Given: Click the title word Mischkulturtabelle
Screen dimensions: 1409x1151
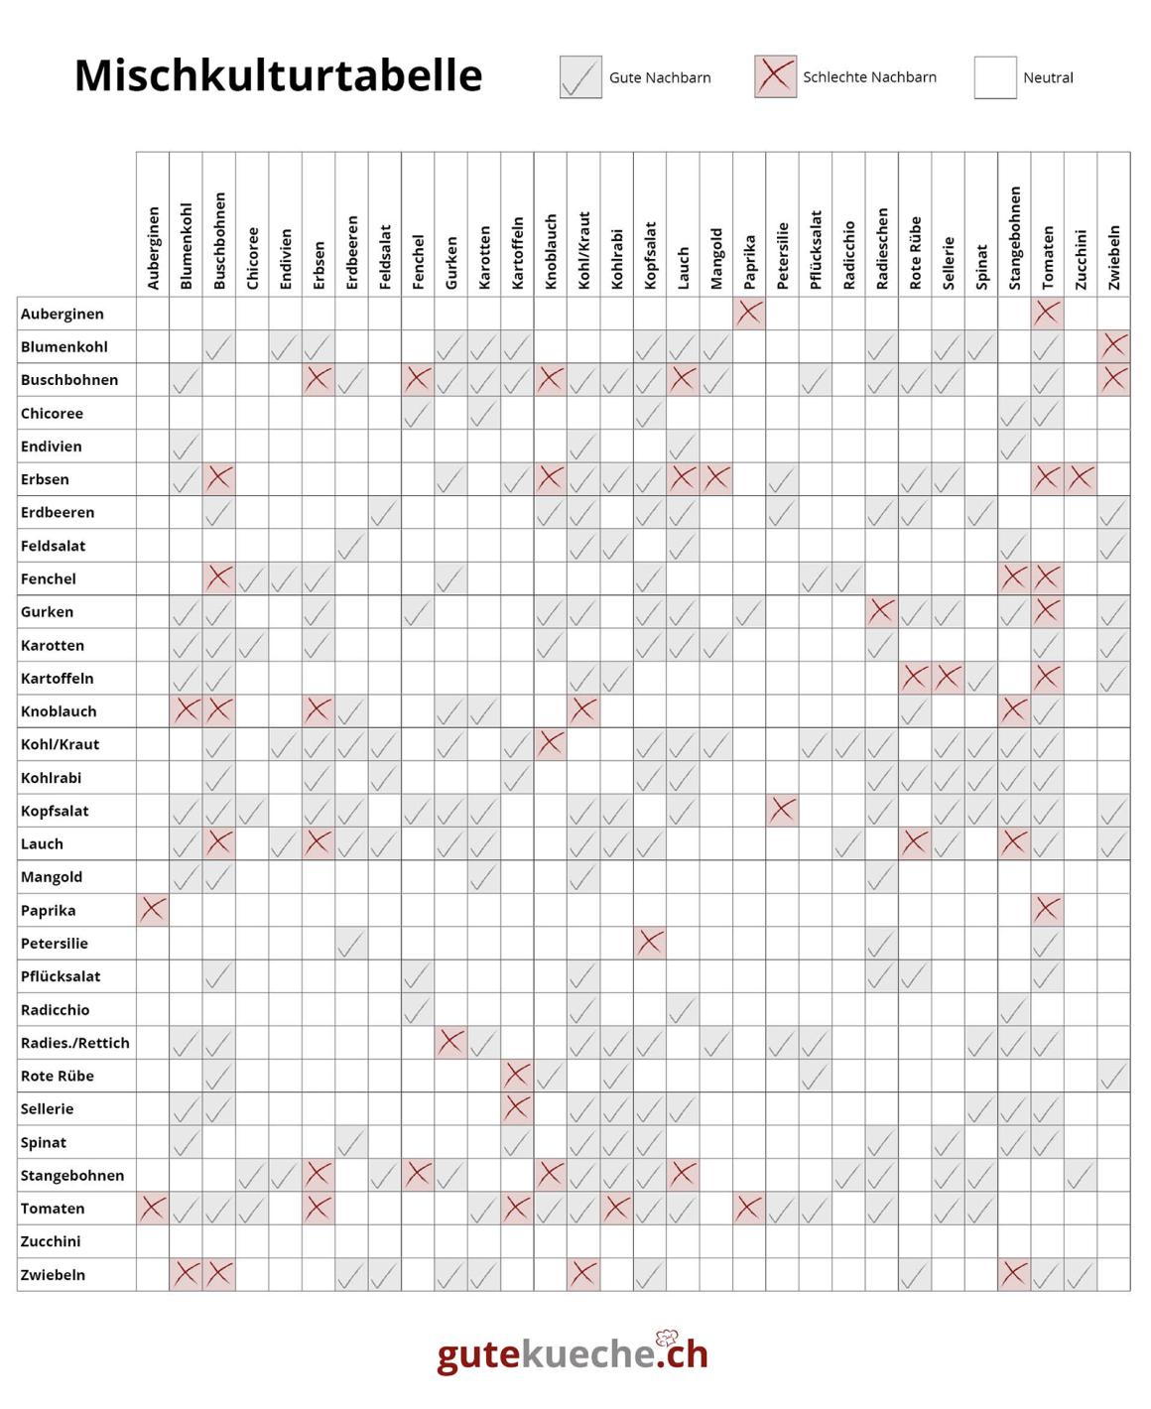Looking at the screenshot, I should [x=278, y=75].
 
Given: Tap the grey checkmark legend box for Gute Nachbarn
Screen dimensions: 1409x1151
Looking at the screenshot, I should [x=580, y=77].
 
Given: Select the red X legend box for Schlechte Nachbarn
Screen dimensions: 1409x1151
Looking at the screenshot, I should [x=775, y=76].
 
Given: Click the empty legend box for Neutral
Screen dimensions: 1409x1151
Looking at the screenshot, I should [x=995, y=77].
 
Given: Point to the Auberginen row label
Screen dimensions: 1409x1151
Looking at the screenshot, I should [x=63, y=314].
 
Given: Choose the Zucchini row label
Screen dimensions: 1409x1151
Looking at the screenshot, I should [x=51, y=1241].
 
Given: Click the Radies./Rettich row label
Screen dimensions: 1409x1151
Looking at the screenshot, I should [x=75, y=1043].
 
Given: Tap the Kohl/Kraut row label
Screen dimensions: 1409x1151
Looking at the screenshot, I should [x=60, y=744].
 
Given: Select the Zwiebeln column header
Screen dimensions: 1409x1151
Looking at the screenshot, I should [x=1113, y=257].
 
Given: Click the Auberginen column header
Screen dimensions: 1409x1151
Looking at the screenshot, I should [x=153, y=248].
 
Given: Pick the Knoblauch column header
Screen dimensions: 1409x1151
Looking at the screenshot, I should [x=551, y=252].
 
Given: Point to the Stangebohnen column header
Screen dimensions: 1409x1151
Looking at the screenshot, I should [x=1014, y=238].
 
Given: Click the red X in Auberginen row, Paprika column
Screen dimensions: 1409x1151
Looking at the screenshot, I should [x=749, y=314].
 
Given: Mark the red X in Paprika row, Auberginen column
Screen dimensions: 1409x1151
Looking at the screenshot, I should [x=153, y=910].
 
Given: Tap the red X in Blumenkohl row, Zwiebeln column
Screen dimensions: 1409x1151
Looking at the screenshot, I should [x=1113, y=346].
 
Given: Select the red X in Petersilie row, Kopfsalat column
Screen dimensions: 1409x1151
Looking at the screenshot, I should [x=650, y=943].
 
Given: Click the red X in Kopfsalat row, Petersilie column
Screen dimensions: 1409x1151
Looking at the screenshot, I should [x=782, y=811].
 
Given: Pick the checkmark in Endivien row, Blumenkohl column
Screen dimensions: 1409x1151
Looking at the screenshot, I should [x=186, y=447].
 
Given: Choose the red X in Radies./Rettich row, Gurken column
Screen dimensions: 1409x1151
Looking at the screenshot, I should [x=450, y=1042].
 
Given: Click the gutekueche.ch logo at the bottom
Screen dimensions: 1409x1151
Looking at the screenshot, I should [x=573, y=1353].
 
